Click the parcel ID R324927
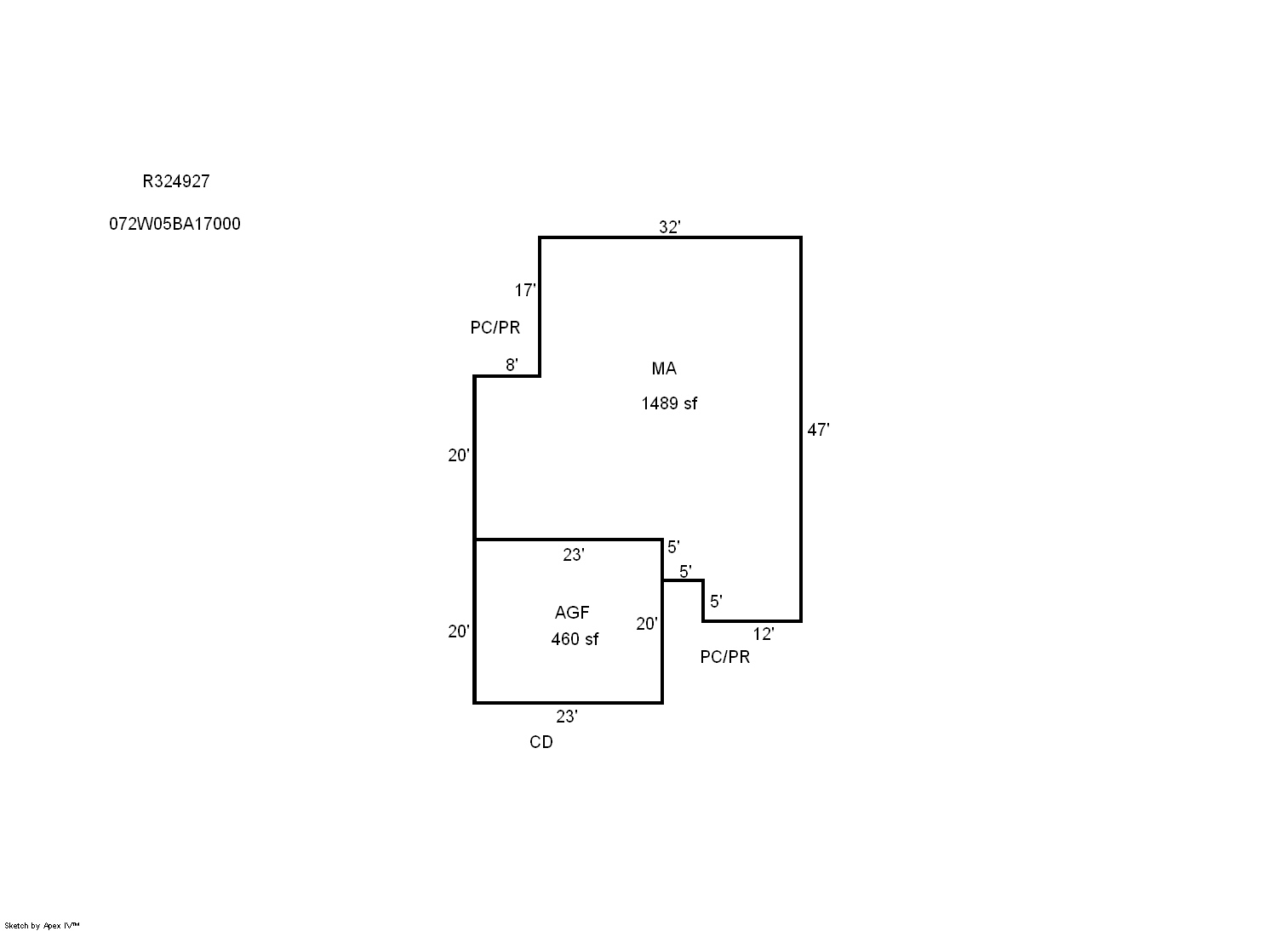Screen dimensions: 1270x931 pos(175,181)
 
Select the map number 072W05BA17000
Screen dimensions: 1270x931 pos(174,224)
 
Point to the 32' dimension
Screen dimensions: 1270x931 pos(670,227)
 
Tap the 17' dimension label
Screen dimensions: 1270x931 pos(525,290)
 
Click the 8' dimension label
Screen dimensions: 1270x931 pos(512,364)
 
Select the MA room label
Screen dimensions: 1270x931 pos(664,368)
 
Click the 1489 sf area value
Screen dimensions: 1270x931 pos(669,403)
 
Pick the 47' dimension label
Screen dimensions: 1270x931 pos(818,430)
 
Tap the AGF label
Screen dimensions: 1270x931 pos(572,613)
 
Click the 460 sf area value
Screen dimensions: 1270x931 pos(575,639)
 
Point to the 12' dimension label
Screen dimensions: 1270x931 pos(764,634)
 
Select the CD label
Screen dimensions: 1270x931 pos(541,742)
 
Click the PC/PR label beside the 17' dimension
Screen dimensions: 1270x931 pos(495,327)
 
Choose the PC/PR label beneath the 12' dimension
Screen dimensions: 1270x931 pos(724,657)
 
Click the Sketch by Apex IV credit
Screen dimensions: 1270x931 pos(42,926)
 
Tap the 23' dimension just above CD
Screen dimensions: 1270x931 pos(566,717)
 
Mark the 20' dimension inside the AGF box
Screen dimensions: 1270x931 pos(646,624)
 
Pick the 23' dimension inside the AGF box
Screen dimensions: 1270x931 pos(573,555)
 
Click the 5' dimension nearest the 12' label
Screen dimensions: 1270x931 pos(716,601)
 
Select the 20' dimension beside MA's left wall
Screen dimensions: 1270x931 pos(458,454)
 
